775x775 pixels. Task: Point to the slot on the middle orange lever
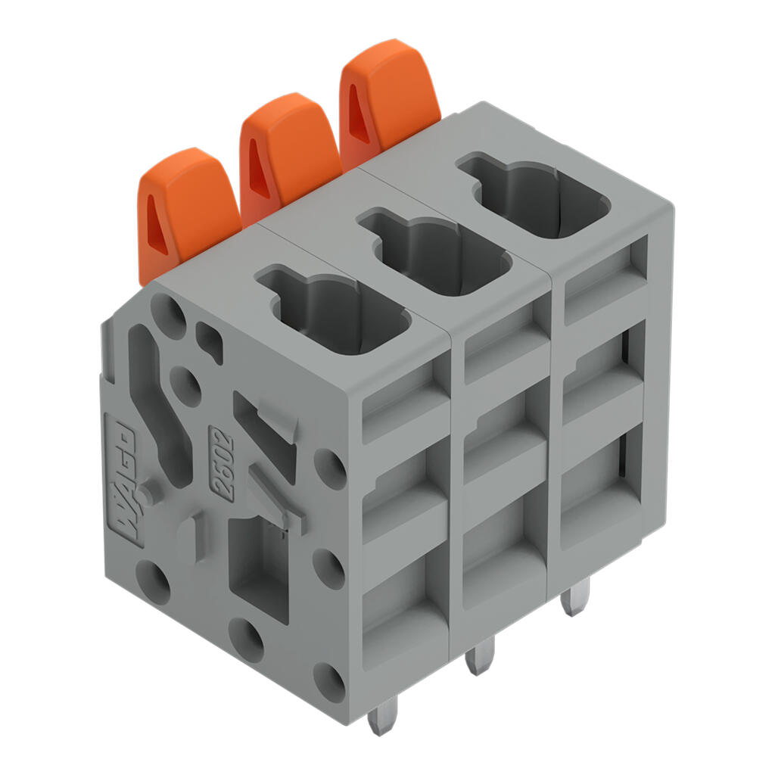(259, 168)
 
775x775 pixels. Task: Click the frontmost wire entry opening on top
(334, 310)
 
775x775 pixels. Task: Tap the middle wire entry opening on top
(435, 252)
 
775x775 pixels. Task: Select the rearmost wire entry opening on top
(534, 196)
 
